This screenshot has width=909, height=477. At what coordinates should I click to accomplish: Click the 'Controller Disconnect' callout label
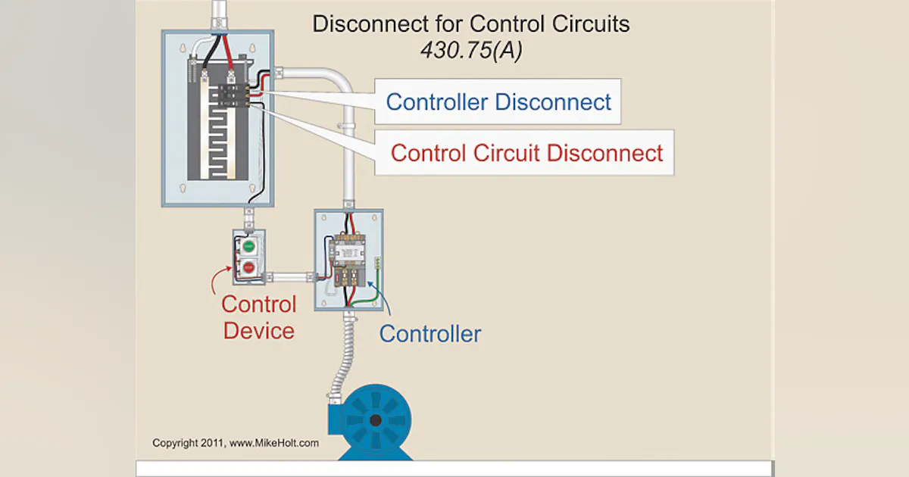coord(498,102)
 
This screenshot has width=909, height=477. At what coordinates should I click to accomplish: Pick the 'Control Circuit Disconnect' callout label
coord(526,153)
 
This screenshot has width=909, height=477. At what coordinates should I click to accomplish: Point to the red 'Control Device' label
coord(258,317)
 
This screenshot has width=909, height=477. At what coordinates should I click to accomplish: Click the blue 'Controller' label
coord(430,333)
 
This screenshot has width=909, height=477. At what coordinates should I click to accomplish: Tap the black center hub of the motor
coord(375,420)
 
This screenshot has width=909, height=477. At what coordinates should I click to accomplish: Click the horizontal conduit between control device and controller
coord(292,276)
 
